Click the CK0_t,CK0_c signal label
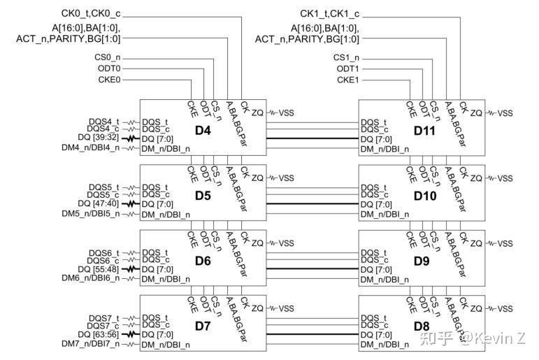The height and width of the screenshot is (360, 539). [x=91, y=13]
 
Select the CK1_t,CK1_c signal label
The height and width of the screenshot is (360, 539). [x=330, y=14]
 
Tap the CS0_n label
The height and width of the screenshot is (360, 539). [x=108, y=57]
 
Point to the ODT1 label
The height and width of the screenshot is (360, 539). [x=348, y=69]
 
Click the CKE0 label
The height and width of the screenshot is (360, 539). [x=109, y=80]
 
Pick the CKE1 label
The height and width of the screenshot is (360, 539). [x=348, y=80]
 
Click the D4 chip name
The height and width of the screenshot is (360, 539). [x=203, y=130]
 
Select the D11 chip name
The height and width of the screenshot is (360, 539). [x=424, y=131]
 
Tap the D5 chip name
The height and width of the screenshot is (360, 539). [x=203, y=196]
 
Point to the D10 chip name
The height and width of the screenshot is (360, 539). [x=425, y=196]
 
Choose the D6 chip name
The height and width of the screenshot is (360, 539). [x=203, y=261]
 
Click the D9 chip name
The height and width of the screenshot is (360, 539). [x=422, y=261]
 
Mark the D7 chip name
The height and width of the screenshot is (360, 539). [x=203, y=326]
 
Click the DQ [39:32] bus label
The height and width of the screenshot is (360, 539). [x=99, y=137]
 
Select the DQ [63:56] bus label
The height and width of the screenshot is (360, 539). [x=99, y=334]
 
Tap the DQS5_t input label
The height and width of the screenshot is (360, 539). [x=103, y=187]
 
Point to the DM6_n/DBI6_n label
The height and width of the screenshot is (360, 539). [x=91, y=278]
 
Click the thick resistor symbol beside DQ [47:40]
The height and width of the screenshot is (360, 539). [x=131, y=204]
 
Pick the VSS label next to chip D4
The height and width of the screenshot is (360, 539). [x=286, y=113]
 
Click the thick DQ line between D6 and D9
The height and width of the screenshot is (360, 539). [x=312, y=269]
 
